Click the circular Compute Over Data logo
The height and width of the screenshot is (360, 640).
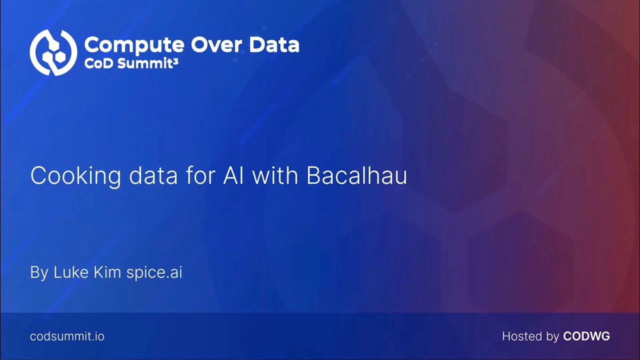(53, 52)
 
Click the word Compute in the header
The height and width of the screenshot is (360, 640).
(134, 45)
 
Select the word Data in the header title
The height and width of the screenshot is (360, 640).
(274, 45)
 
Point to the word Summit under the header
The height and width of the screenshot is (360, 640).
(142, 64)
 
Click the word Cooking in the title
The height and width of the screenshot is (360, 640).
(75, 176)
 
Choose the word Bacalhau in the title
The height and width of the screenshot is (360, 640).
(356, 176)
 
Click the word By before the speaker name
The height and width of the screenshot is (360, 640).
(39, 273)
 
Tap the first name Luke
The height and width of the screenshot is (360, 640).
(70, 272)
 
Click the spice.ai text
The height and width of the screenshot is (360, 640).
(154, 273)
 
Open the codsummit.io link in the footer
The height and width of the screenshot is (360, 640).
(67, 336)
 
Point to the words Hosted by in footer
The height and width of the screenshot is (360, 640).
(530, 336)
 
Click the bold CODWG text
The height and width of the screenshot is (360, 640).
(586, 336)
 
